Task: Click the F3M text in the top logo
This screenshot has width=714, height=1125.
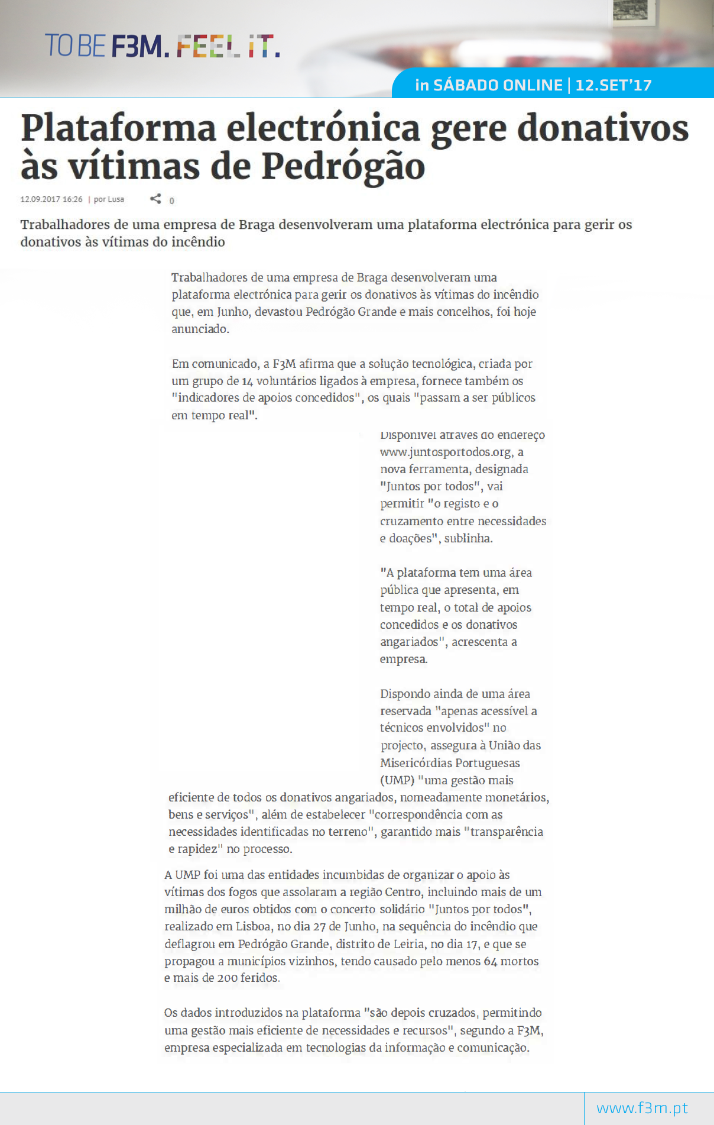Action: pos(136,46)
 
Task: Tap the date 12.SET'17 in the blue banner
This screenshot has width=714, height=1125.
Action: pos(614,85)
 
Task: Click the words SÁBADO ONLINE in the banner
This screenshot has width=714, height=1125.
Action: pos(498,85)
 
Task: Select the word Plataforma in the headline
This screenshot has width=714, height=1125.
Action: pos(118,128)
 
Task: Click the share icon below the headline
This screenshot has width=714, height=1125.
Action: pos(155,199)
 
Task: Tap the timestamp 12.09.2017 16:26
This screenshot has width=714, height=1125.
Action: pos(51,199)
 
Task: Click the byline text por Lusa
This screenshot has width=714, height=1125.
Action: pos(109,199)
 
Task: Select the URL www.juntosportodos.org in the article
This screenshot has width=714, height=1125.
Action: pos(445,452)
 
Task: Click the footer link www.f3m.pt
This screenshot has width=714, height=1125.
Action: pos(642,1108)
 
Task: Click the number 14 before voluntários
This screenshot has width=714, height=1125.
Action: pos(247,381)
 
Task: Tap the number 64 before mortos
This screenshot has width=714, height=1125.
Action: pos(490,961)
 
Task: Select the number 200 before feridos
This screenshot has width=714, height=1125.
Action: pos(227,978)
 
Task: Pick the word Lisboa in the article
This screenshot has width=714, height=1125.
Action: pos(253,926)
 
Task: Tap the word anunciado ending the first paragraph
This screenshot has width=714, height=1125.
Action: pos(199,329)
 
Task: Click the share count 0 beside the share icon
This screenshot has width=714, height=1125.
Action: pos(172,201)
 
